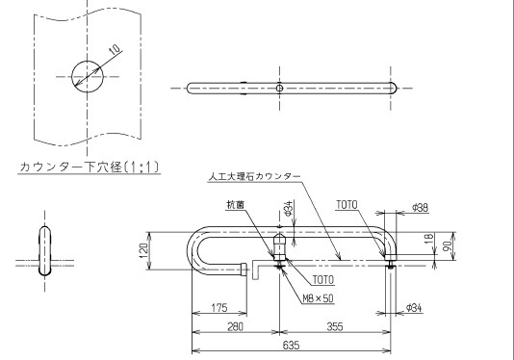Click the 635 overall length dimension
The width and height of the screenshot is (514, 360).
click(291, 346)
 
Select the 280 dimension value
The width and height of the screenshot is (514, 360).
click(235, 326)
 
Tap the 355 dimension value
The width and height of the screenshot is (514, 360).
click(335, 326)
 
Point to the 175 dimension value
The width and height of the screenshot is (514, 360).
click(218, 308)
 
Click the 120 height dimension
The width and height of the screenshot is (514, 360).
click(143, 250)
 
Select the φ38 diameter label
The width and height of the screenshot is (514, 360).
click(420, 208)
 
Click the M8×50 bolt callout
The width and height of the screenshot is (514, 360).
click(318, 298)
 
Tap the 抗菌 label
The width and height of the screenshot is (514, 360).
click(236, 205)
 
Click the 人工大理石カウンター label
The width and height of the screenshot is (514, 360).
click(254, 177)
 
